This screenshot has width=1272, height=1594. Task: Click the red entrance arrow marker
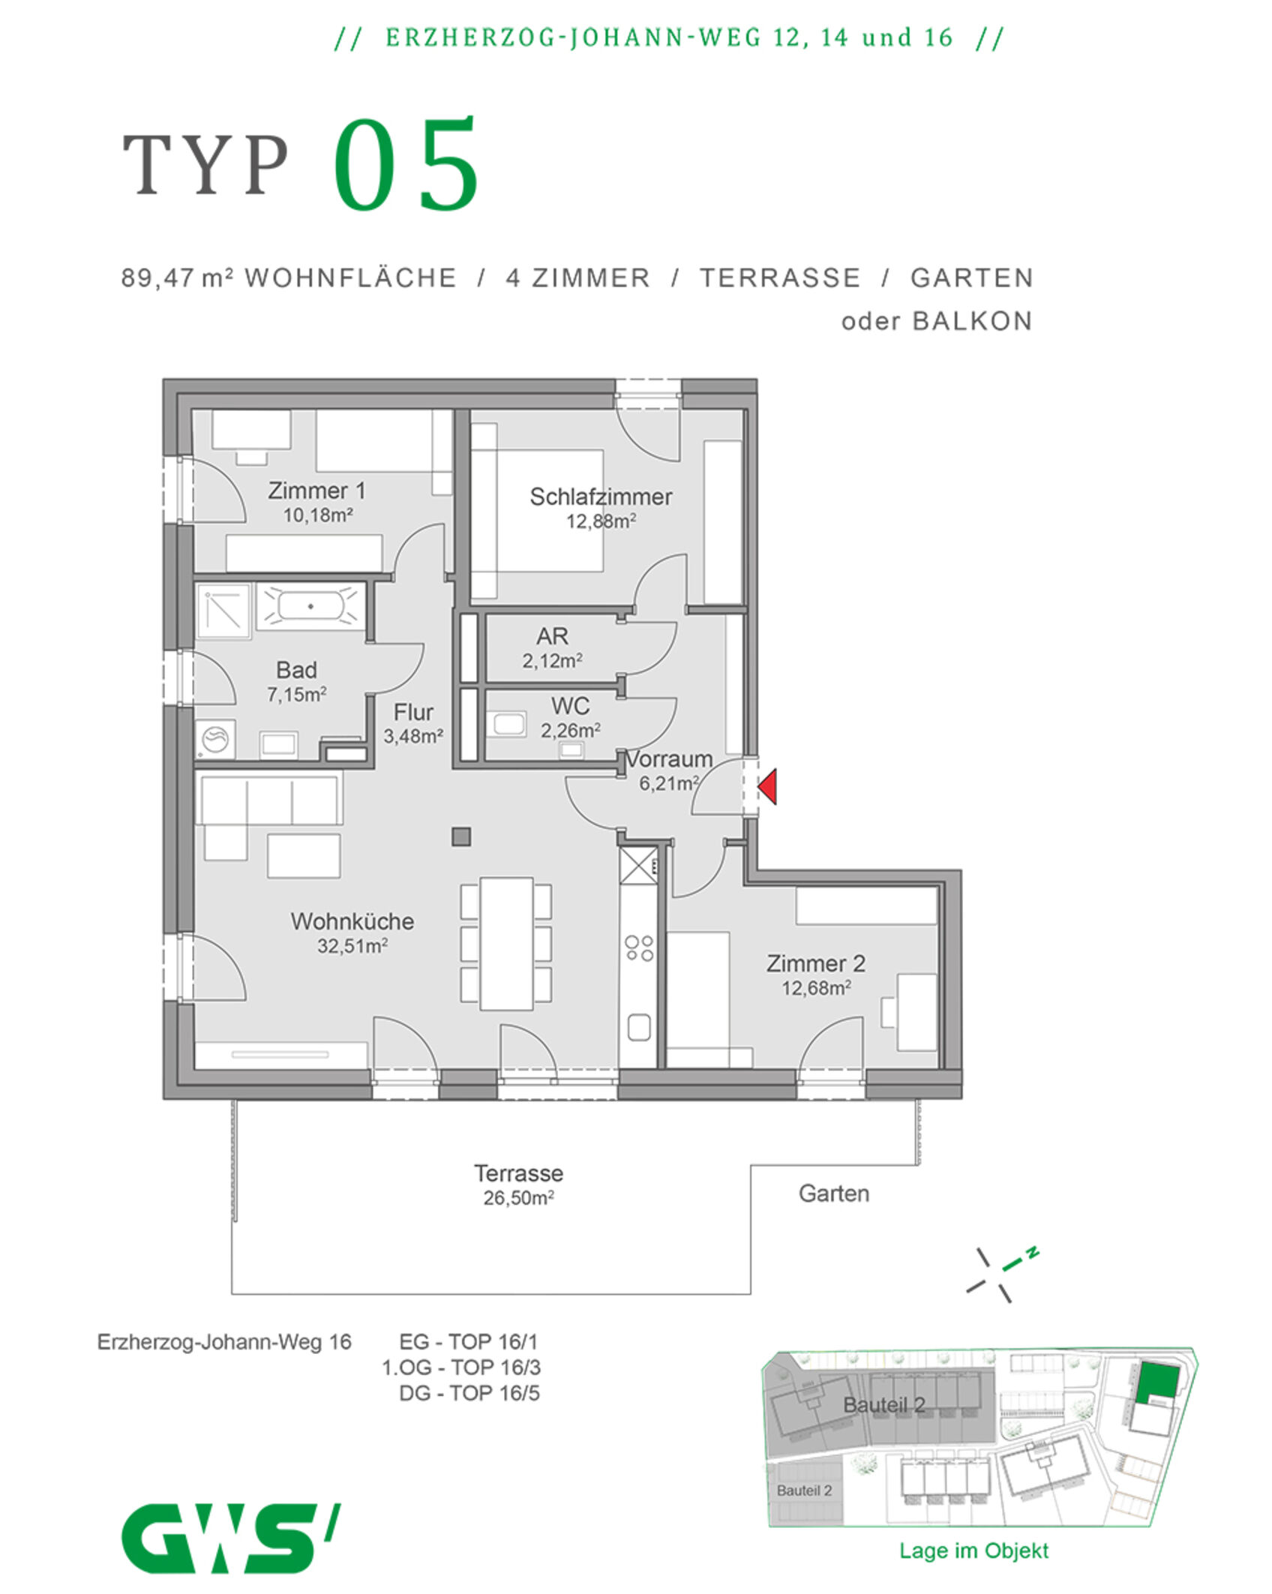point(767,787)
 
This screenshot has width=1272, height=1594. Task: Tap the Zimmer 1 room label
point(316,491)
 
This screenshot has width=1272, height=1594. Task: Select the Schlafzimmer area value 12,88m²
point(601,521)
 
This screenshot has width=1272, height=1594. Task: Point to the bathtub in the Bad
point(310,606)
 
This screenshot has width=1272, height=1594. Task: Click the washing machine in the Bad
point(216,739)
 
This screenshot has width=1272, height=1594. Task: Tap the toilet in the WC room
point(508,725)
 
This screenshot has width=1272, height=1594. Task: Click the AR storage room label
point(552,636)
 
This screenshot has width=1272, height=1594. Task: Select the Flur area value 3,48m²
point(413,736)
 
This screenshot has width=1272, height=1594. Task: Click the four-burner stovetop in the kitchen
point(639,947)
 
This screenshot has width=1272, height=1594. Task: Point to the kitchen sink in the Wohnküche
point(639,1027)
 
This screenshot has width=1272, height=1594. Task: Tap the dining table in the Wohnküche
point(507,944)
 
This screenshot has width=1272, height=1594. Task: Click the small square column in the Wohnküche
point(461,836)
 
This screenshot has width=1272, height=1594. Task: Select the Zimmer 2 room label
point(816,963)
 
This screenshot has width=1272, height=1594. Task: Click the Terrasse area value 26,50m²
point(518,1198)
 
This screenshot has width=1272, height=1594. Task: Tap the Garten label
point(834,1193)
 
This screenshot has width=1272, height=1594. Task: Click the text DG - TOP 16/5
point(469,1393)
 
